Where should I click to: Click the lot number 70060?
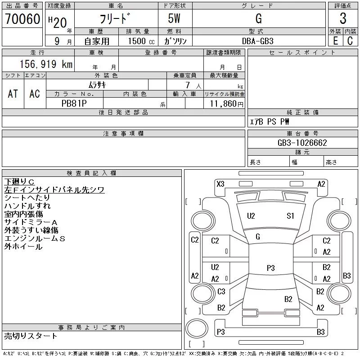[x=22, y=19]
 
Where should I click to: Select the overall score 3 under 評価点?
[x=343, y=19]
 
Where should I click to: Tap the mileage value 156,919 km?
[x=46, y=64]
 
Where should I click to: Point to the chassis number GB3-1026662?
[x=302, y=143]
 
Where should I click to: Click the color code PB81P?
[x=74, y=103]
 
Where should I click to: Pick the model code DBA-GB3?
[x=258, y=40]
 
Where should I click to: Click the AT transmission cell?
[x=13, y=94]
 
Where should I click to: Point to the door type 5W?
[x=175, y=19]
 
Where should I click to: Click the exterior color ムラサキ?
[x=97, y=84]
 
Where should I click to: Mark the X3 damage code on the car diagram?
[x=220, y=184]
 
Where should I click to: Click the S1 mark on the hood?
[x=290, y=216]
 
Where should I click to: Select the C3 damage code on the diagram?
[x=221, y=292]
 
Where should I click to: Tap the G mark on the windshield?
[x=258, y=237]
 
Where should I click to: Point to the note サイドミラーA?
[x=31, y=222]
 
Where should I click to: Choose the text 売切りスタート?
[x=31, y=336]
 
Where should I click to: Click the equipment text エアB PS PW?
[x=270, y=122]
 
